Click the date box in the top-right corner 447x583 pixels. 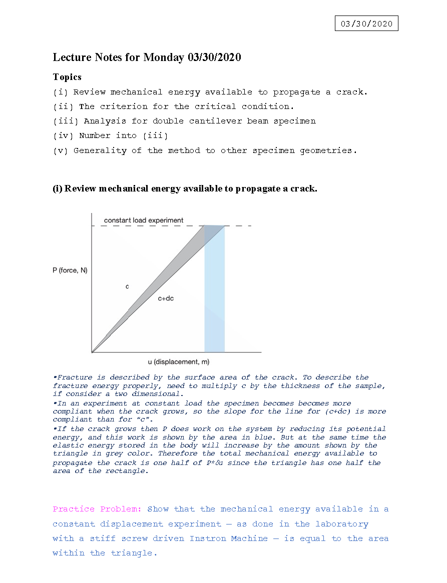click(x=366, y=23)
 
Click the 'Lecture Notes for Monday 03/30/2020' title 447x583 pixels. click(x=147, y=57)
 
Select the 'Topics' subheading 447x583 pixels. click(x=67, y=77)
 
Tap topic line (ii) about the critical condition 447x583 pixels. click(x=173, y=106)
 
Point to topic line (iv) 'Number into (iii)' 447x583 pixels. click(x=110, y=135)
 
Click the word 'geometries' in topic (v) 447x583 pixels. click(x=327, y=150)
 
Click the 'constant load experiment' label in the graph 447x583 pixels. click(x=144, y=220)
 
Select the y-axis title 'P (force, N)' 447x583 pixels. click(x=70, y=270)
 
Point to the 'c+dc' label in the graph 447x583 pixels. click(x=166, y=298)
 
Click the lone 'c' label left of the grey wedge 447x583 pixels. click(x=127, y=286)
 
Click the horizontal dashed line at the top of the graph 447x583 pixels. click(x=150, y=226)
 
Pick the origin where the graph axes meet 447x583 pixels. click(x=92, y=352)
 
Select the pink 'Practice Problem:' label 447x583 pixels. click(x=97, y=509)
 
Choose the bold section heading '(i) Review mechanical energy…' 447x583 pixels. click(x=185, y=188)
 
